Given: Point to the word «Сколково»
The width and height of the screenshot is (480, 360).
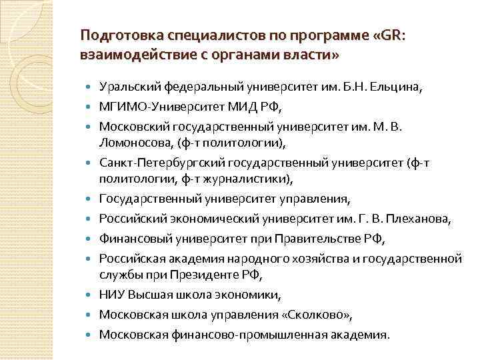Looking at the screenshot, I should (313, 314).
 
